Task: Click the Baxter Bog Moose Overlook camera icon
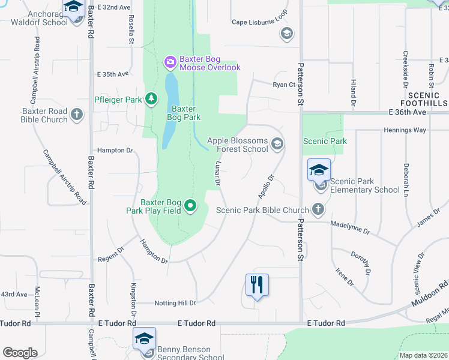pos(170,61)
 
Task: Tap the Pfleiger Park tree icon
pos(152,98)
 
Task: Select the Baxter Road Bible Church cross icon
pos(76,114)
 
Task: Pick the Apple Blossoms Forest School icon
pos(277,143)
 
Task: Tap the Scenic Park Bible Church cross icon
pos(318,209)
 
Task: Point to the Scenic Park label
pos(325,142)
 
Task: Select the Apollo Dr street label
pos(265,187)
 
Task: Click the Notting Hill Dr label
pos(175,303)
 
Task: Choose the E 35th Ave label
pos(113,74)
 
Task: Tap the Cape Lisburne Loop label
pos(260,22)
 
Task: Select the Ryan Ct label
pos(284,85)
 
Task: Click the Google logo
pos(20,353)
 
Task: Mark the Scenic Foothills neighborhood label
pos(427,99)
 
